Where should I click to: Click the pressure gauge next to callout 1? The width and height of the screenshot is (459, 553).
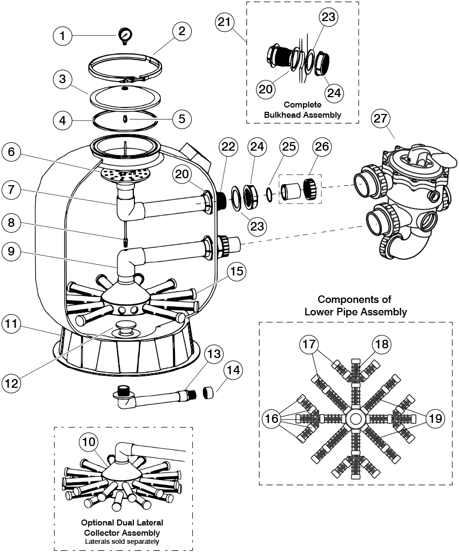tap(125, 36)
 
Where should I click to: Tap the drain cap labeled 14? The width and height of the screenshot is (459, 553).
tap(208, 392)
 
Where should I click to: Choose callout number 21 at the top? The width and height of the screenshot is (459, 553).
tap(225, 22)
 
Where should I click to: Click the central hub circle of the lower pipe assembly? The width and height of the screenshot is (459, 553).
tap(355, 419)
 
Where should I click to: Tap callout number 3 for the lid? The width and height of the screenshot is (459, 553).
tap(63, 79)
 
